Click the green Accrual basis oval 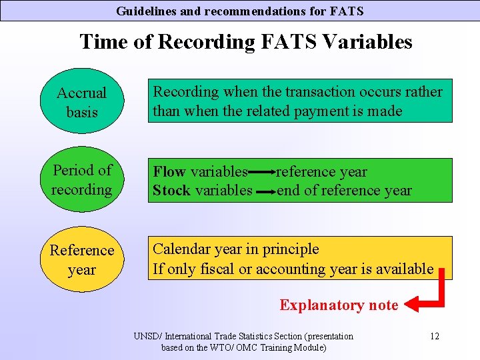[81, 103]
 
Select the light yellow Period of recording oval [81, 180]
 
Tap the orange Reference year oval [81, 259]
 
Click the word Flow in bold [169, 172]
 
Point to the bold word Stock [171, 191]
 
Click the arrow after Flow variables [262, 172]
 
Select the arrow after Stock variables [265, 191]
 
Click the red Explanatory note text [339, 305]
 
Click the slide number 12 [434, 336]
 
